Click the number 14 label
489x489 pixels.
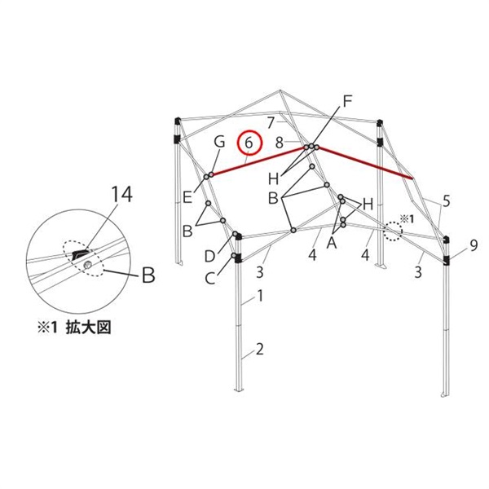point(121,195)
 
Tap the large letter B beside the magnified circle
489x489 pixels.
point(148,276)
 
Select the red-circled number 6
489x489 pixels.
point(250,143)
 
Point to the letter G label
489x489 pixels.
point(218,143)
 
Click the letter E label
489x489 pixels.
point(187,196)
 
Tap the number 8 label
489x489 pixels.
point(279,142)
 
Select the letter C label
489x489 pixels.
point(210,279)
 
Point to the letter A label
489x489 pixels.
point(332,242)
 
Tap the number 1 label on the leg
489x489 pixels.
point(260,298)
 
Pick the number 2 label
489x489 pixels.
point(260,351)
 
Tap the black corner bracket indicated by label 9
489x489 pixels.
point(447,261)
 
